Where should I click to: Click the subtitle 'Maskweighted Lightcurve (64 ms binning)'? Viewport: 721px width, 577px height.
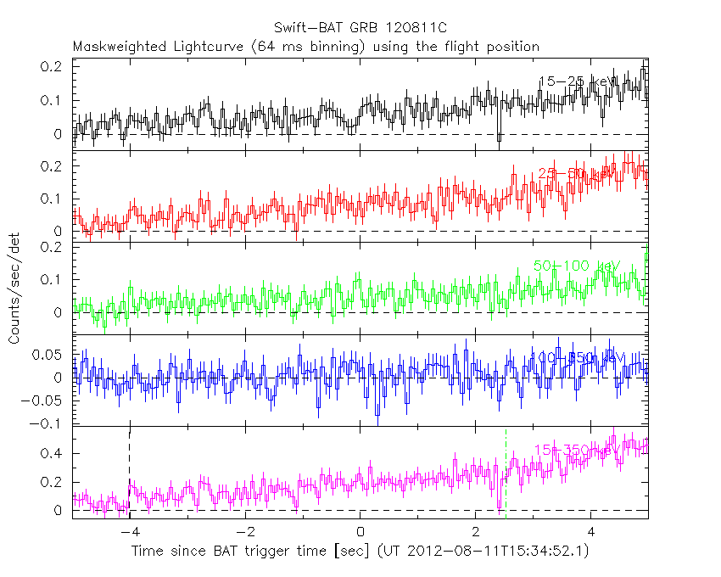[221, 47]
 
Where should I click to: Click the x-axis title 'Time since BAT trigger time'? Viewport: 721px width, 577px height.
[253, 552]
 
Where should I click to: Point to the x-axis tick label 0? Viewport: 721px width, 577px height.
[360, 533]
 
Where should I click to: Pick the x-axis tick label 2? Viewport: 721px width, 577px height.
[476, 533]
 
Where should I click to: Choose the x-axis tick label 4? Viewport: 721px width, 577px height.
[591, 533]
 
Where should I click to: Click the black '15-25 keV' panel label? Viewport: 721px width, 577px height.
[577, 81]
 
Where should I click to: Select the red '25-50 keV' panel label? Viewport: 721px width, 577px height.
[577, 174]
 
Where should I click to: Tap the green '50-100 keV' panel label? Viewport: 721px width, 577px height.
[577, 266]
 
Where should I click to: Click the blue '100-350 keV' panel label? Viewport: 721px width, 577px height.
[577, 358]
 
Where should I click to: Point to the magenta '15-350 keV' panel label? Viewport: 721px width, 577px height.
[577, 450]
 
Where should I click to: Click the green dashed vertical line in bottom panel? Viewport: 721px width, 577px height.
[506, 475]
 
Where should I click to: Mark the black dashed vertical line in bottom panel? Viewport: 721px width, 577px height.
[129, 475]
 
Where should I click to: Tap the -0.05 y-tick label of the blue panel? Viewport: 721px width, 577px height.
[46, 401]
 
